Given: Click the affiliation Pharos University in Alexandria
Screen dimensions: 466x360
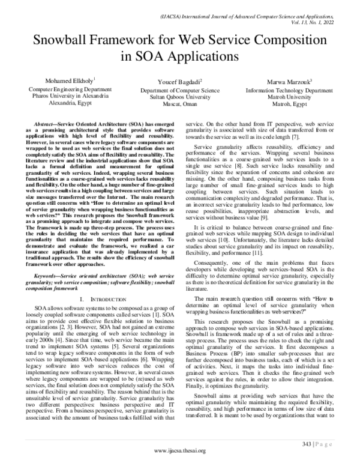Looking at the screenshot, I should pyautogui.click(x=58, y=95).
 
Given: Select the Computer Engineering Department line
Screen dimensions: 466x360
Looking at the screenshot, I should pyautogui.click(x=58, y=88).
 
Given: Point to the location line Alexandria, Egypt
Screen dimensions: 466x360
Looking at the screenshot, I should pyautogui.click(x=58, y=103).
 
